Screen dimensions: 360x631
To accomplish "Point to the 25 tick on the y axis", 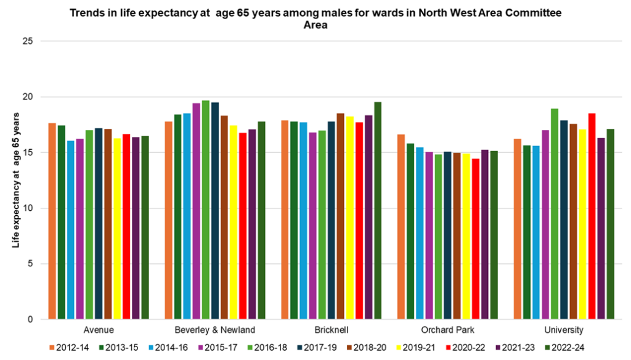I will click(28, 41).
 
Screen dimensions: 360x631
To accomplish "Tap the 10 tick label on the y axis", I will click(28, 208).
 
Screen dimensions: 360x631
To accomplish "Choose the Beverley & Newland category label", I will click(214, 330).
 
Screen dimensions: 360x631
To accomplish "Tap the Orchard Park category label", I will click(447, 330).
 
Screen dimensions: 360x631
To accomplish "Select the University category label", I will click(563, 330).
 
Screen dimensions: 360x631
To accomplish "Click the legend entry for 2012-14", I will click(68, 348).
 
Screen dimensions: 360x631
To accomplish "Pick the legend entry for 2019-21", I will click(418, 348).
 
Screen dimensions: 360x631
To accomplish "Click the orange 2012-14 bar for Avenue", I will click(52, 221).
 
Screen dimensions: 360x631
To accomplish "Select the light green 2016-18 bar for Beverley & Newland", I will click(206, 210).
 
